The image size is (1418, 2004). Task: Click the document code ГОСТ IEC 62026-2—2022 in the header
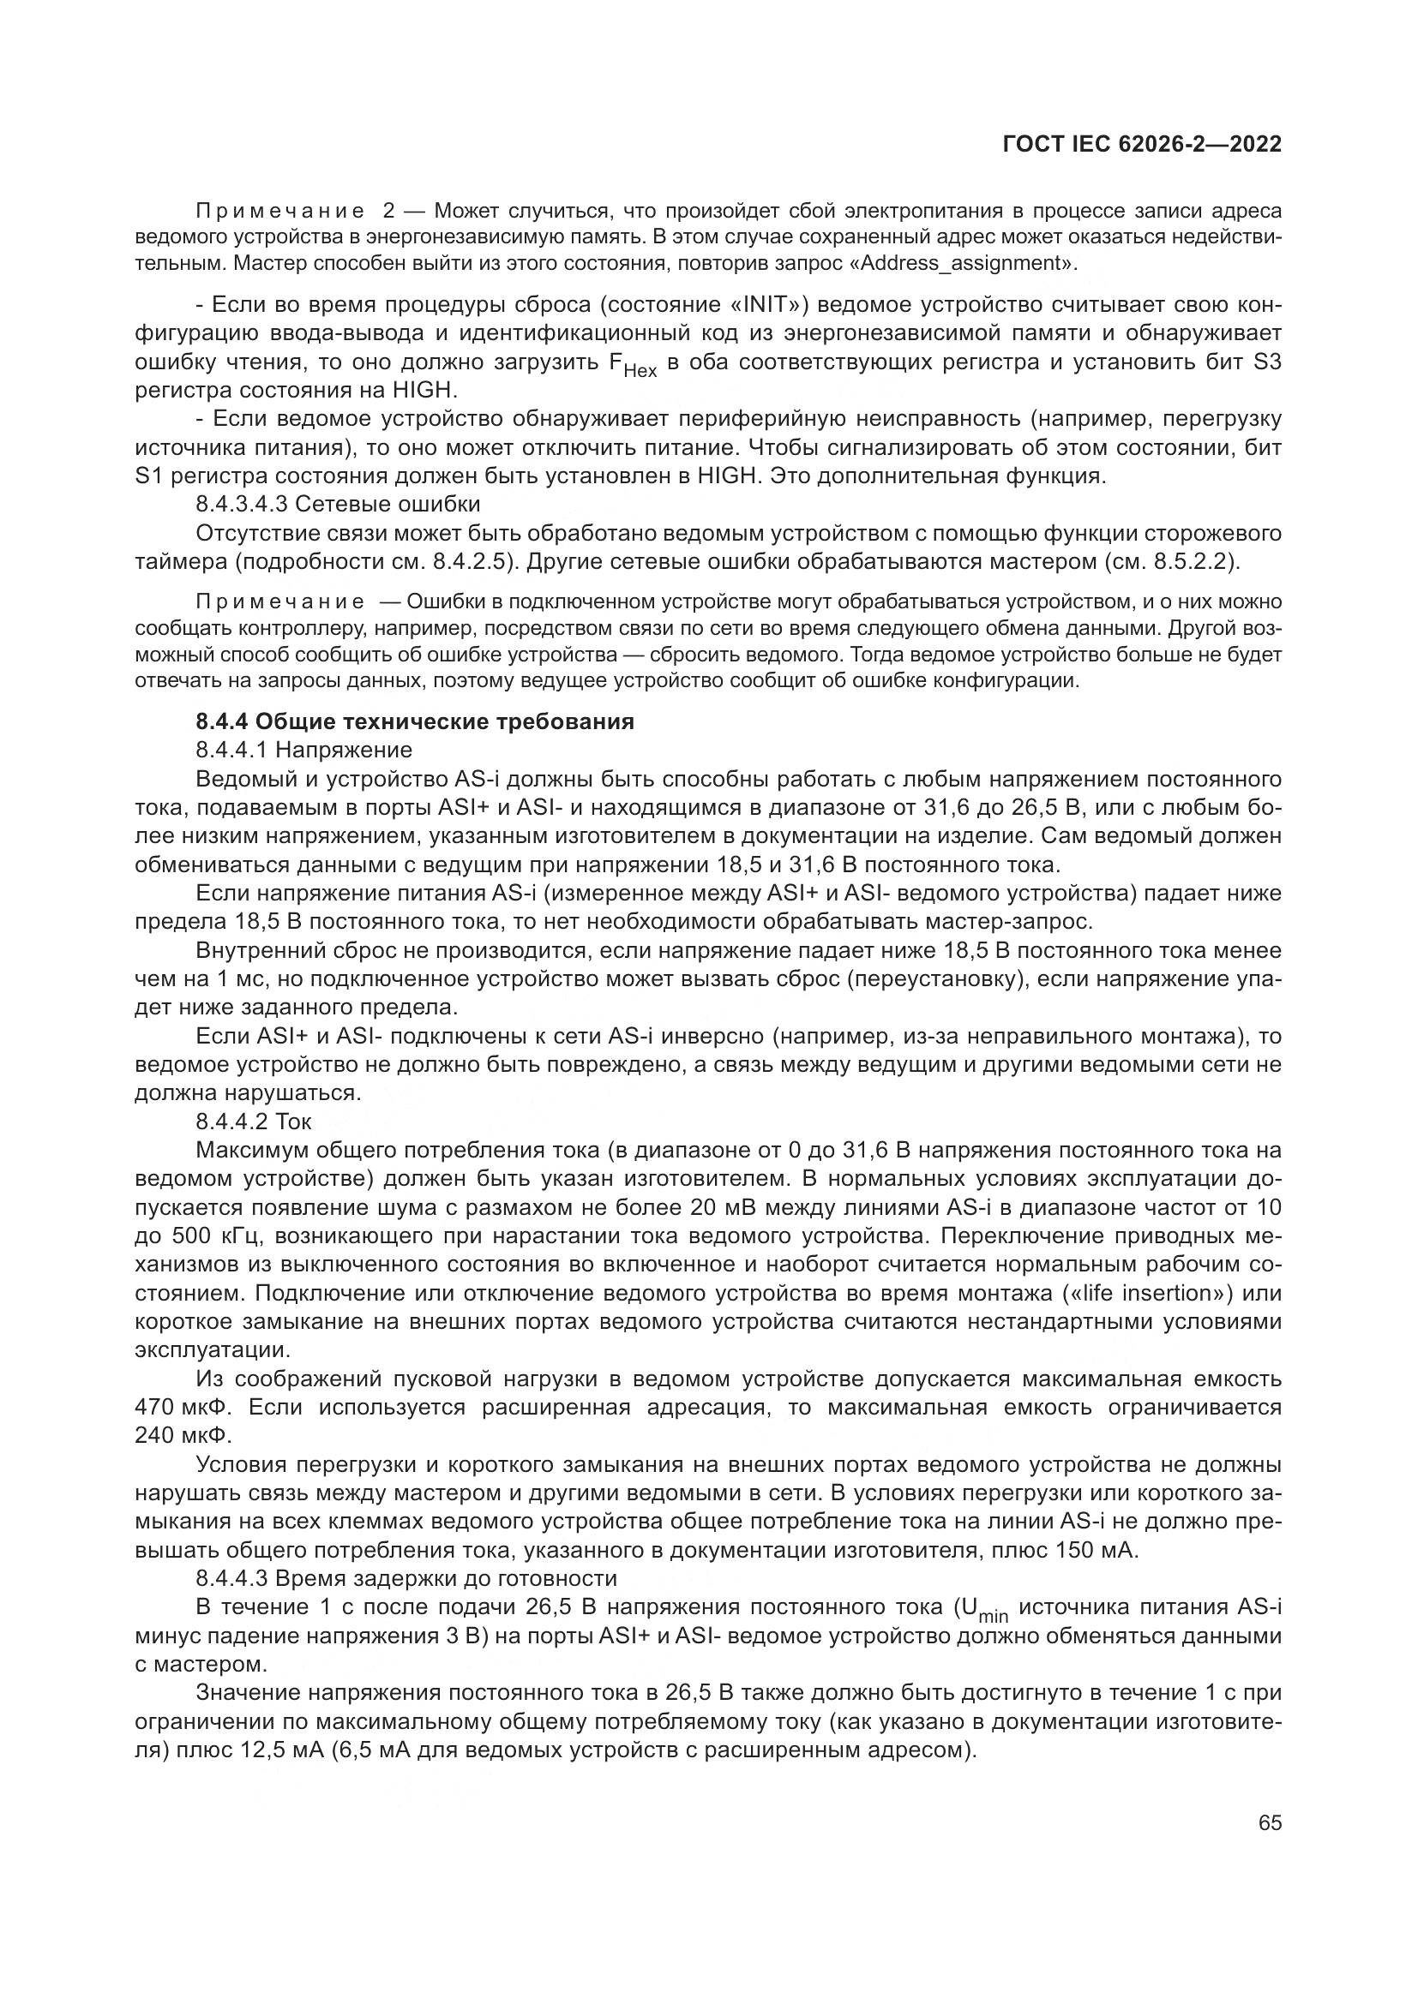click(1142, 144)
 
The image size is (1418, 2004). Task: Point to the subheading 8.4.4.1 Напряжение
click(303, 750)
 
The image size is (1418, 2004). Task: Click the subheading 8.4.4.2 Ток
click(253, 1122)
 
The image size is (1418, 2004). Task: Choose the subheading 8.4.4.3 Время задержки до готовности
click(406, 1578)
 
